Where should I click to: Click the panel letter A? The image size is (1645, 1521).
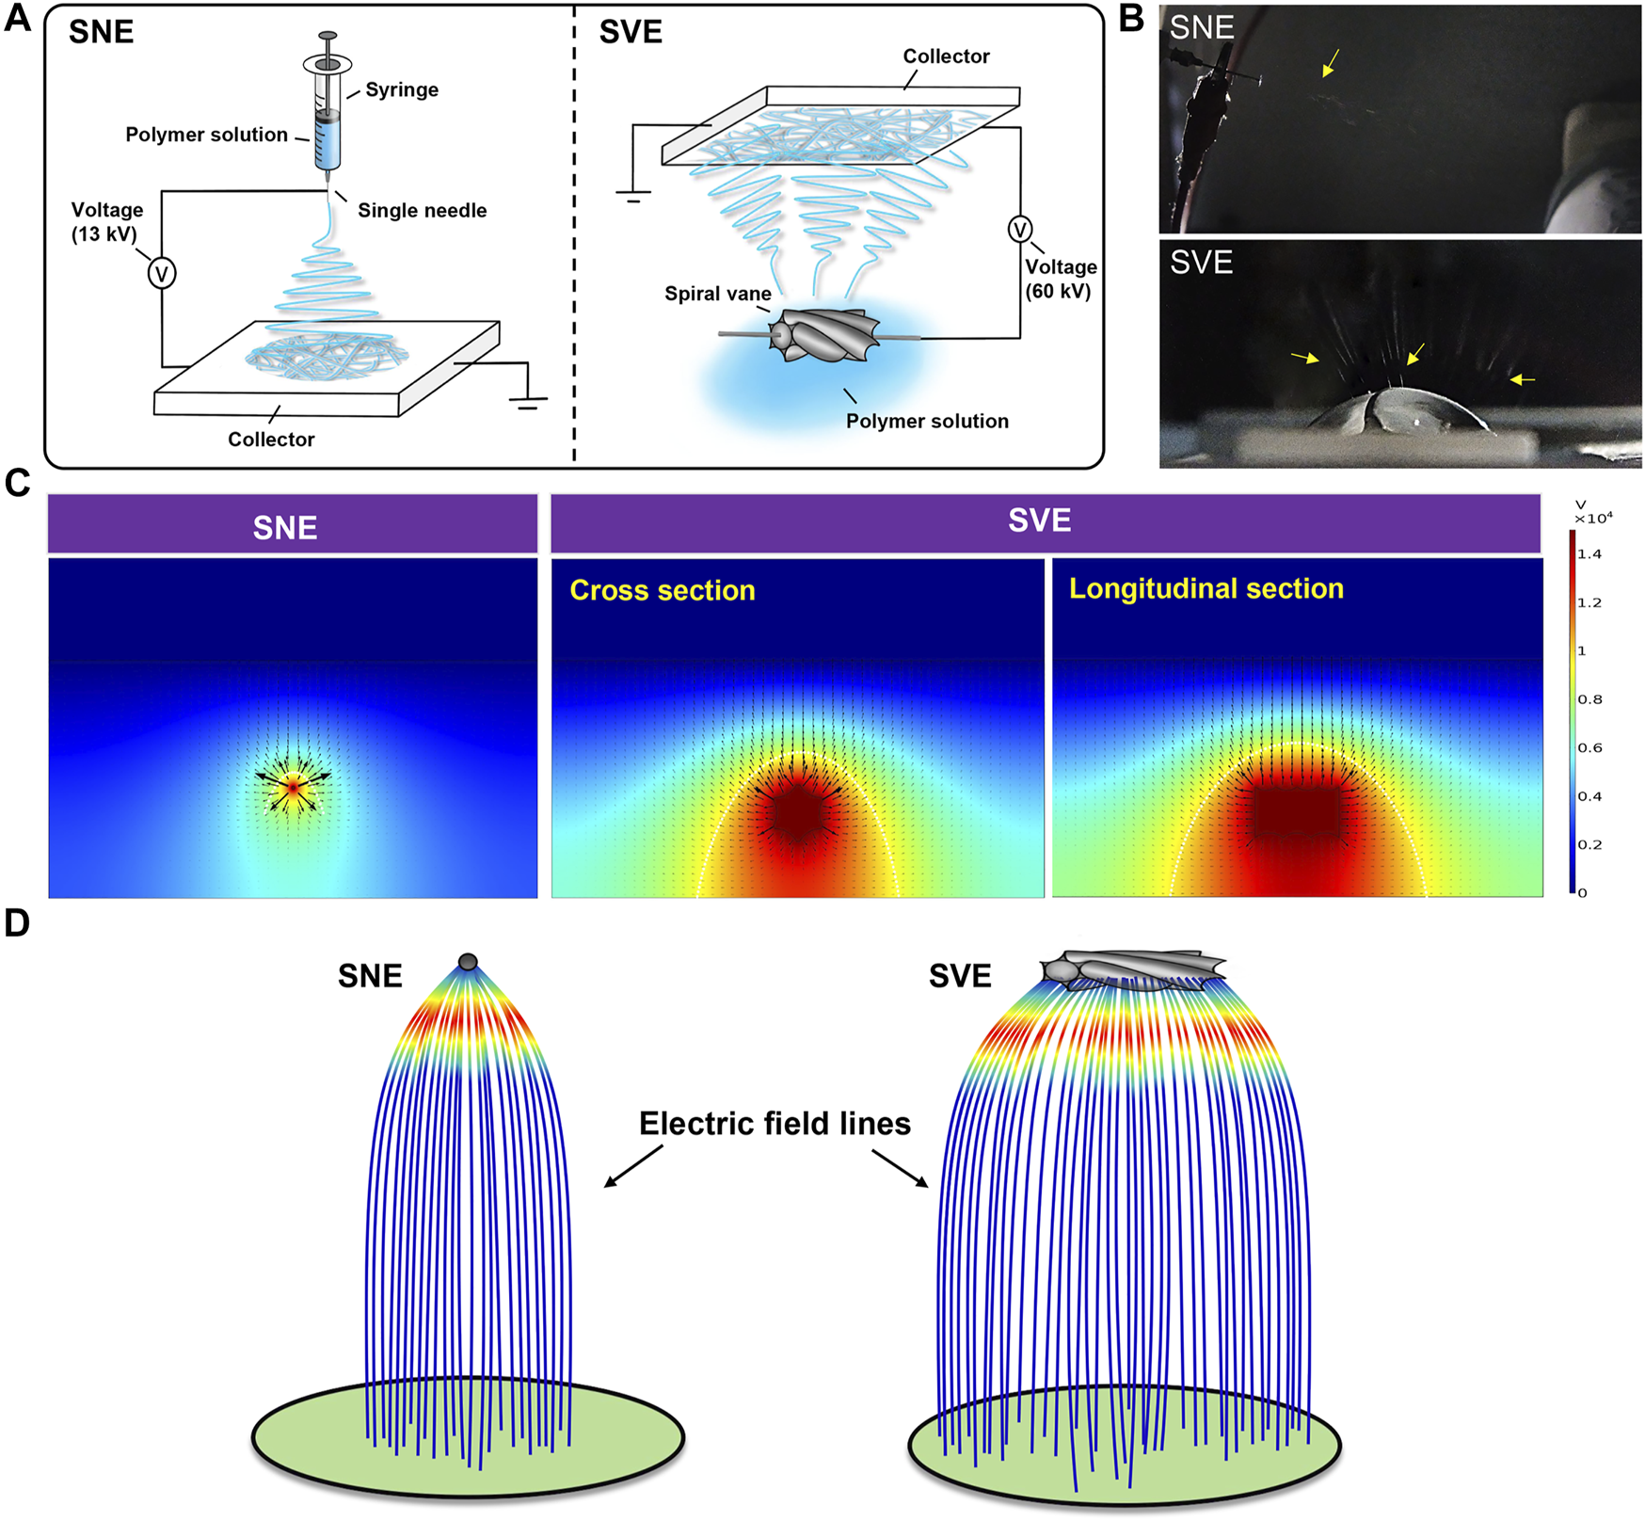(x=17, y=18)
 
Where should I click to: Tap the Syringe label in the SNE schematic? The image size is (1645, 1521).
(x=402, y=90)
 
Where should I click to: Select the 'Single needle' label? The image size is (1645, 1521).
(x=422, y=211)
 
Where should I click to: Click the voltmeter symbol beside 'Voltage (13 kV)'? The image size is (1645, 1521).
(x=162, y=274)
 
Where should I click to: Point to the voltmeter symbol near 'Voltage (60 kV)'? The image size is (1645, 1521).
(x=1020, y=229)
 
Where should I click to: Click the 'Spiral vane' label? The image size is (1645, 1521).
(x=717, y=294)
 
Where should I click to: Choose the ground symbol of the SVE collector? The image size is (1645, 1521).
(x=632, y=197)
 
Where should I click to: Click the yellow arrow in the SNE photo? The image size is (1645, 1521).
(x=1330, y=63)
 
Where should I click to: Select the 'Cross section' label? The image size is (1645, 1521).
(x=663, y=590)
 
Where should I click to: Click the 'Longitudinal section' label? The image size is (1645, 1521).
(x=1206, y=588)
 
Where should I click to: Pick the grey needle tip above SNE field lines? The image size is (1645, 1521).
(x=468, y=962)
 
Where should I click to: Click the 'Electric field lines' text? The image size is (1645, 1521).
(x=775, y=1124)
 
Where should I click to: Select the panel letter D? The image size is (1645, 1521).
(x=17, y=923)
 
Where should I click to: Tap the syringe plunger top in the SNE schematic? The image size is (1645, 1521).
(x=327, y=36)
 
